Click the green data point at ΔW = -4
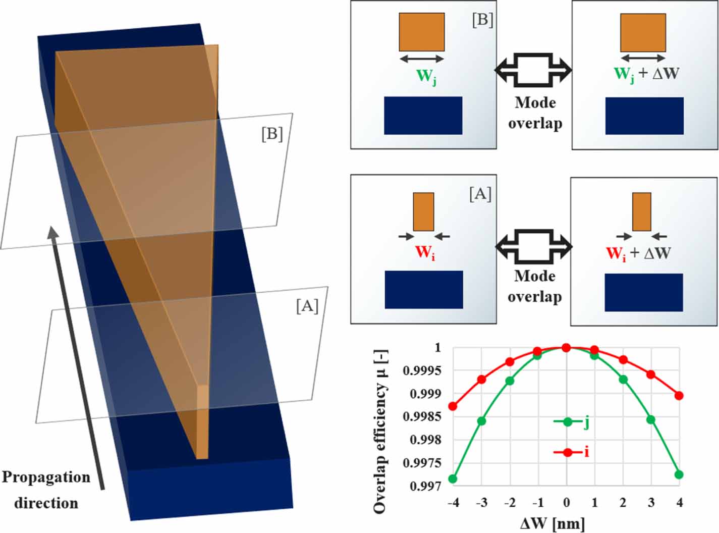pos(453,478)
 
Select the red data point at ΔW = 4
pos(679,395)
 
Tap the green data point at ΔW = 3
pos(651,419)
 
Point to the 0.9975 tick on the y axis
pos(428,463)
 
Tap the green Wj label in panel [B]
pos(425,77)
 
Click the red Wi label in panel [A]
pos(424,252)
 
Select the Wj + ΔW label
pos(646,74)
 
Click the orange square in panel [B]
pos(422,32)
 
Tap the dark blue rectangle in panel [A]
pos(424,290)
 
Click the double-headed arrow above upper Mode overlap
pos(534,69)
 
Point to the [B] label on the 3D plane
pos(272,134)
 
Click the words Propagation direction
pos(46,490)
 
